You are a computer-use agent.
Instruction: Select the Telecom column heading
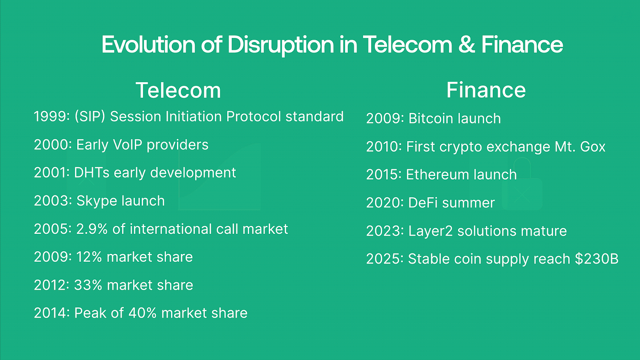point(178,90)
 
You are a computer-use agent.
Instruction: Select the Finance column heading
point(485,90)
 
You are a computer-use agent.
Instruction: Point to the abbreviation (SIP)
point(90,116)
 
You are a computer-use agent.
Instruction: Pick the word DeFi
point(424,203)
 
